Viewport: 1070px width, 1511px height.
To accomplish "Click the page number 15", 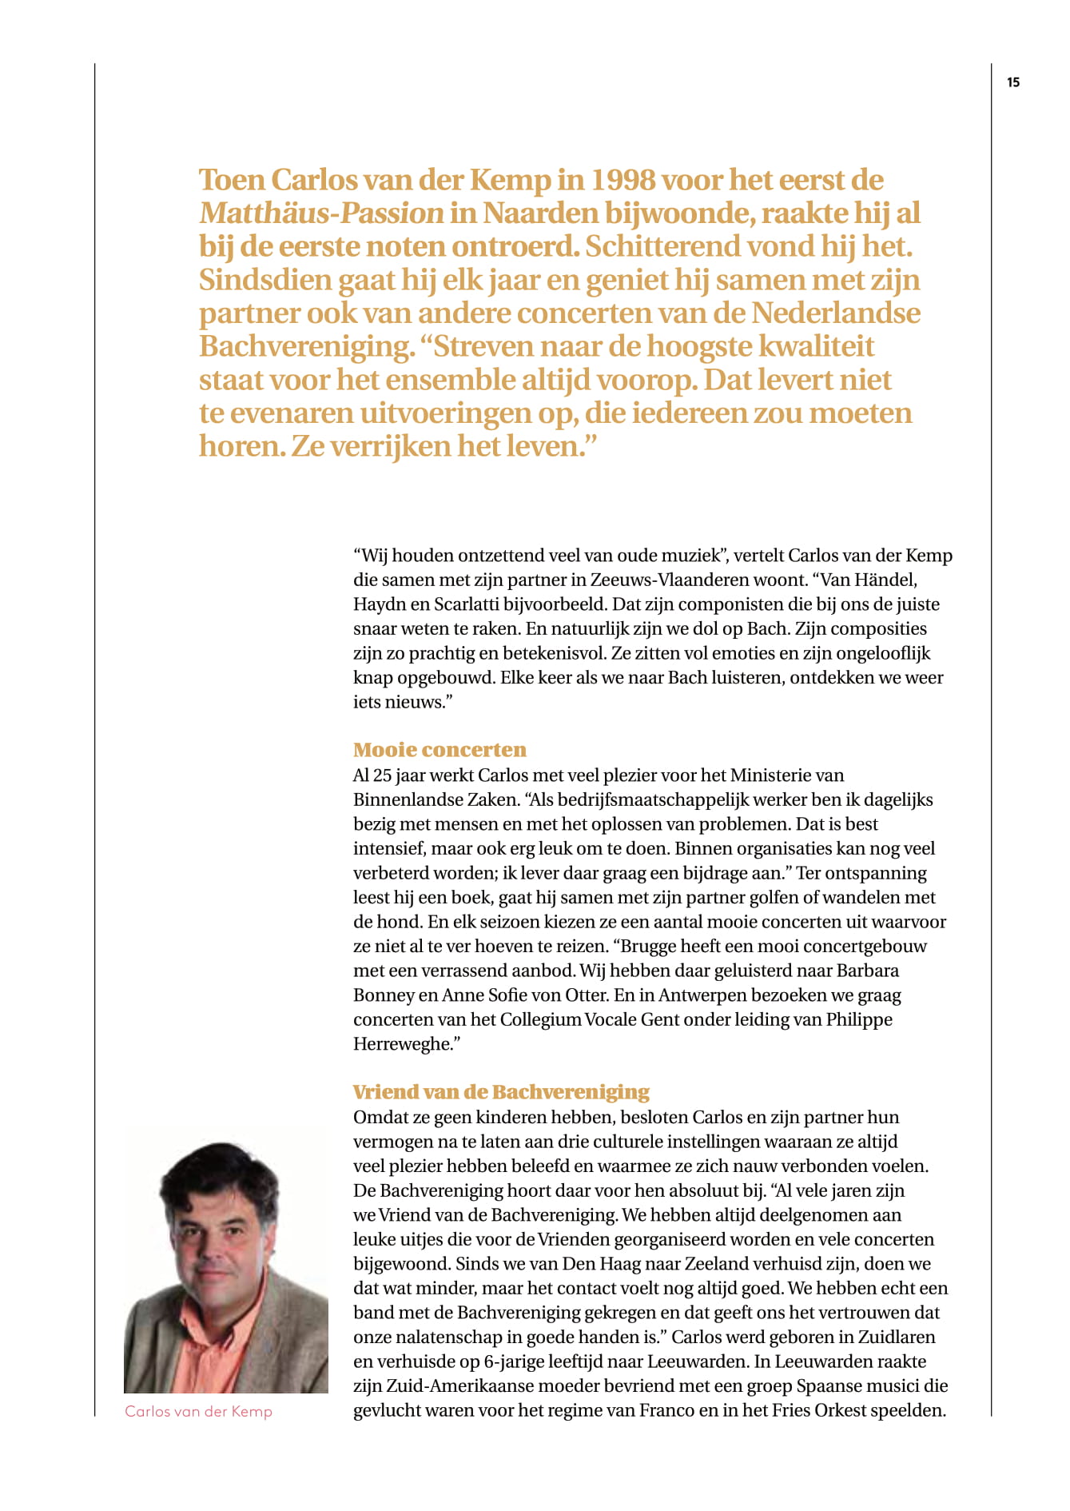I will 1013,82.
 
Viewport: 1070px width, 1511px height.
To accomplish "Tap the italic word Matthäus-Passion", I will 321,213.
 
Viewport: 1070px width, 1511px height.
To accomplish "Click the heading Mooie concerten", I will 440,750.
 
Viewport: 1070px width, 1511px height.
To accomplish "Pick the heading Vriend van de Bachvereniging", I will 501,1092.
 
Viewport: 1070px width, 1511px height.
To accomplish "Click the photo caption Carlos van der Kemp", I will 198,1412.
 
